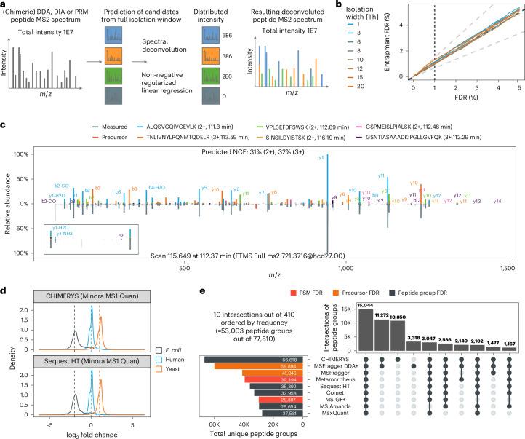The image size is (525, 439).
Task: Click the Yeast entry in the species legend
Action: pyautogui.click(x=185, y=360)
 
